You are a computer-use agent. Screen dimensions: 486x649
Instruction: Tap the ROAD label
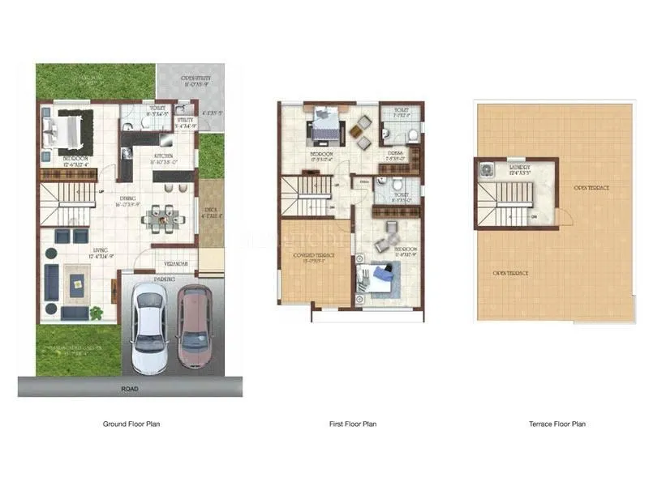coord(131,389)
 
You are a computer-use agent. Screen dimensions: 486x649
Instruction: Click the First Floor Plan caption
coord(352,424)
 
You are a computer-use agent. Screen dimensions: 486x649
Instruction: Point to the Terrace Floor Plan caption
coord(557,424)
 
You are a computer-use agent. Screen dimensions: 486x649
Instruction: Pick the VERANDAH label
coord(176,263)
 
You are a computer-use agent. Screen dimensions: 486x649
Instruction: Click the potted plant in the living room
coord(97,312)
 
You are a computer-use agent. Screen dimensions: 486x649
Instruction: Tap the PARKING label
coord(165,279)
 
